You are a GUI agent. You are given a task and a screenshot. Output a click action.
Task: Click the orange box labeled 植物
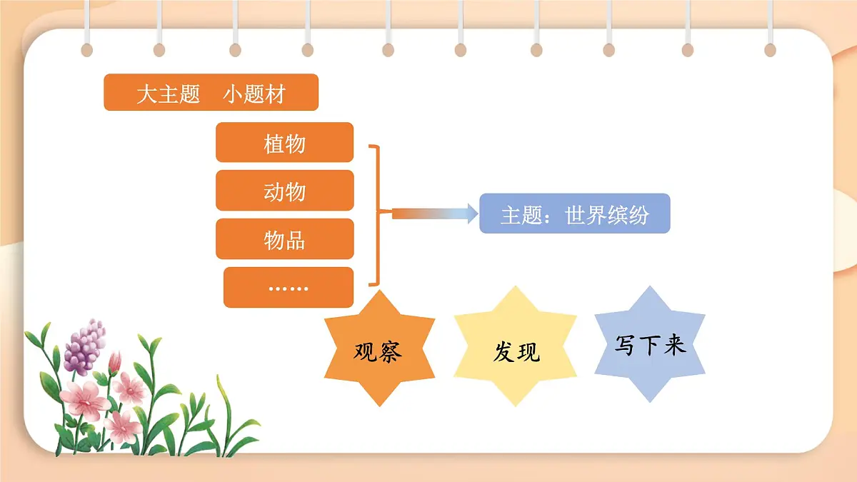[x=284, y=142]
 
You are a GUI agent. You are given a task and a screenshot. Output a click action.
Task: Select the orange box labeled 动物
[x=284, y=191]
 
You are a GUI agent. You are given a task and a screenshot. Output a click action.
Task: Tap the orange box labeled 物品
[x=284, y=239]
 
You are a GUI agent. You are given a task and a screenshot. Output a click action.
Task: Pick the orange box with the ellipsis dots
[x=289, y=287]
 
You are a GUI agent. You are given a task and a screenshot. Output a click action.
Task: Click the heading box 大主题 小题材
[x=211, y=93]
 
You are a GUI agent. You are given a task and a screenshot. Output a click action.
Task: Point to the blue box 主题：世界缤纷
[x=574, y=214]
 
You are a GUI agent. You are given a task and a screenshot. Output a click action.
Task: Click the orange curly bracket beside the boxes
[x=376, y=214]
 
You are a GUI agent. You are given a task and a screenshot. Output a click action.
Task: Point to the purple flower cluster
[x=84, y=348]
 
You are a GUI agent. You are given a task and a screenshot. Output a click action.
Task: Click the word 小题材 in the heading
[x=254, y=94]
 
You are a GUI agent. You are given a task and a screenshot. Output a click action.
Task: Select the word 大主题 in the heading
[x=168, y=94]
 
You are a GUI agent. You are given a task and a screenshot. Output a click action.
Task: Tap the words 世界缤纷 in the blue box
[x=607, y=214]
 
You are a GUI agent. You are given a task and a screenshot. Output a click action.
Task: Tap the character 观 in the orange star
[x=366, y=351]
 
